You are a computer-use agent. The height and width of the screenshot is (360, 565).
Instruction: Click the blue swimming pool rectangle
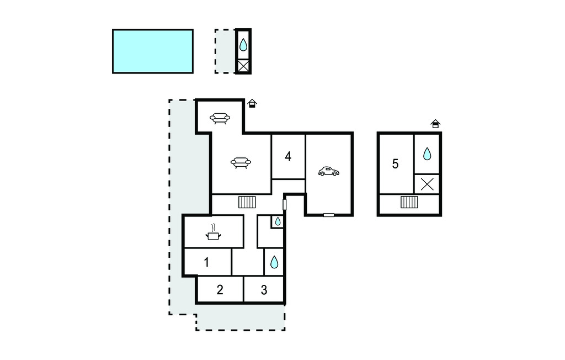click(153, 51)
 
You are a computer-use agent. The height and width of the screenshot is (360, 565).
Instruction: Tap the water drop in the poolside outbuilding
click(243, 45)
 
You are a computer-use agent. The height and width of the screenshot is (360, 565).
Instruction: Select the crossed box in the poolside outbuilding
click(243, 66)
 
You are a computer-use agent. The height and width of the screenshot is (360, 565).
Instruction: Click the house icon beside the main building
click(252, 103)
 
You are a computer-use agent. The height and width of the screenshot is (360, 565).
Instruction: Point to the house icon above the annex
click(436, 124)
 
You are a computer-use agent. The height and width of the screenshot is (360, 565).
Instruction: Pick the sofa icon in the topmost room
click(220, 118)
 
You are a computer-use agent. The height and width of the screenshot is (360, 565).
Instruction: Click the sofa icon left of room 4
click(241, 163)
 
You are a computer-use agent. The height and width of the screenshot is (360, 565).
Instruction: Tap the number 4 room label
click(288, 157)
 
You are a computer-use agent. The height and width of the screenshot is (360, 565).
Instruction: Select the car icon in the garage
click(329, 171)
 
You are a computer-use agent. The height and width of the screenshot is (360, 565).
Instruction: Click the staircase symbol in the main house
click(247, 202)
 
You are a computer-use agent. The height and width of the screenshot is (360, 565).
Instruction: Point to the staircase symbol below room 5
click(409, 202)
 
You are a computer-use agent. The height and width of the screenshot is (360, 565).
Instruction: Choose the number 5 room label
click(395, 164)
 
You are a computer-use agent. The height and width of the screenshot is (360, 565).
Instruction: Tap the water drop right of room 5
click(427, 153)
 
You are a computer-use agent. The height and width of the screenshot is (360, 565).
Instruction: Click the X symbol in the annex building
click(427, 184)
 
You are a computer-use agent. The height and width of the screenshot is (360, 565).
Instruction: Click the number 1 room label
click(206, 262)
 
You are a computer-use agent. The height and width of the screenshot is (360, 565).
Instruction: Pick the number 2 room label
click(220, 289)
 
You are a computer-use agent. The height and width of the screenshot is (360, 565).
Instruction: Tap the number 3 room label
click(264, 290)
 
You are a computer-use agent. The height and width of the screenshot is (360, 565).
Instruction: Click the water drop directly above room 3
click(274, 262)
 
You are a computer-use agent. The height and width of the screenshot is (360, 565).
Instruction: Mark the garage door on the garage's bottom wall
click(329, 215)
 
